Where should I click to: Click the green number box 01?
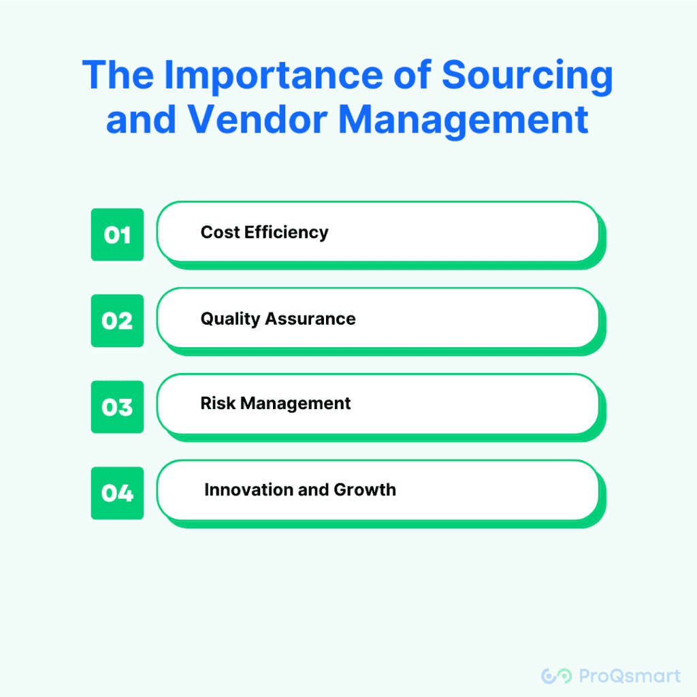pos(117,234)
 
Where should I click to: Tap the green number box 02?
pos(117,321)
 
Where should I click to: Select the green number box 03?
pos(117,407)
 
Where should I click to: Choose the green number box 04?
pos(117,493)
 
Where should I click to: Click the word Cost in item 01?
pos(220,232)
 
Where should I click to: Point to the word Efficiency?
pos(287,233)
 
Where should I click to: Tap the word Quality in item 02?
pos(230,319)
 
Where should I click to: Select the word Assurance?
pos(310,319)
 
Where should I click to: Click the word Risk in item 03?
pos(218,403)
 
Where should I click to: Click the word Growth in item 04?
pos(365,489)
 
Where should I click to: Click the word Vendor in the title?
pos(257,119)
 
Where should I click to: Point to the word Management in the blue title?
pos(464,121)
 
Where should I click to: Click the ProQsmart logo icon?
pos(557,676)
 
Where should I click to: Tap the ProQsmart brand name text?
pos(630,676)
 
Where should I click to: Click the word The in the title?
pos(118,75)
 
